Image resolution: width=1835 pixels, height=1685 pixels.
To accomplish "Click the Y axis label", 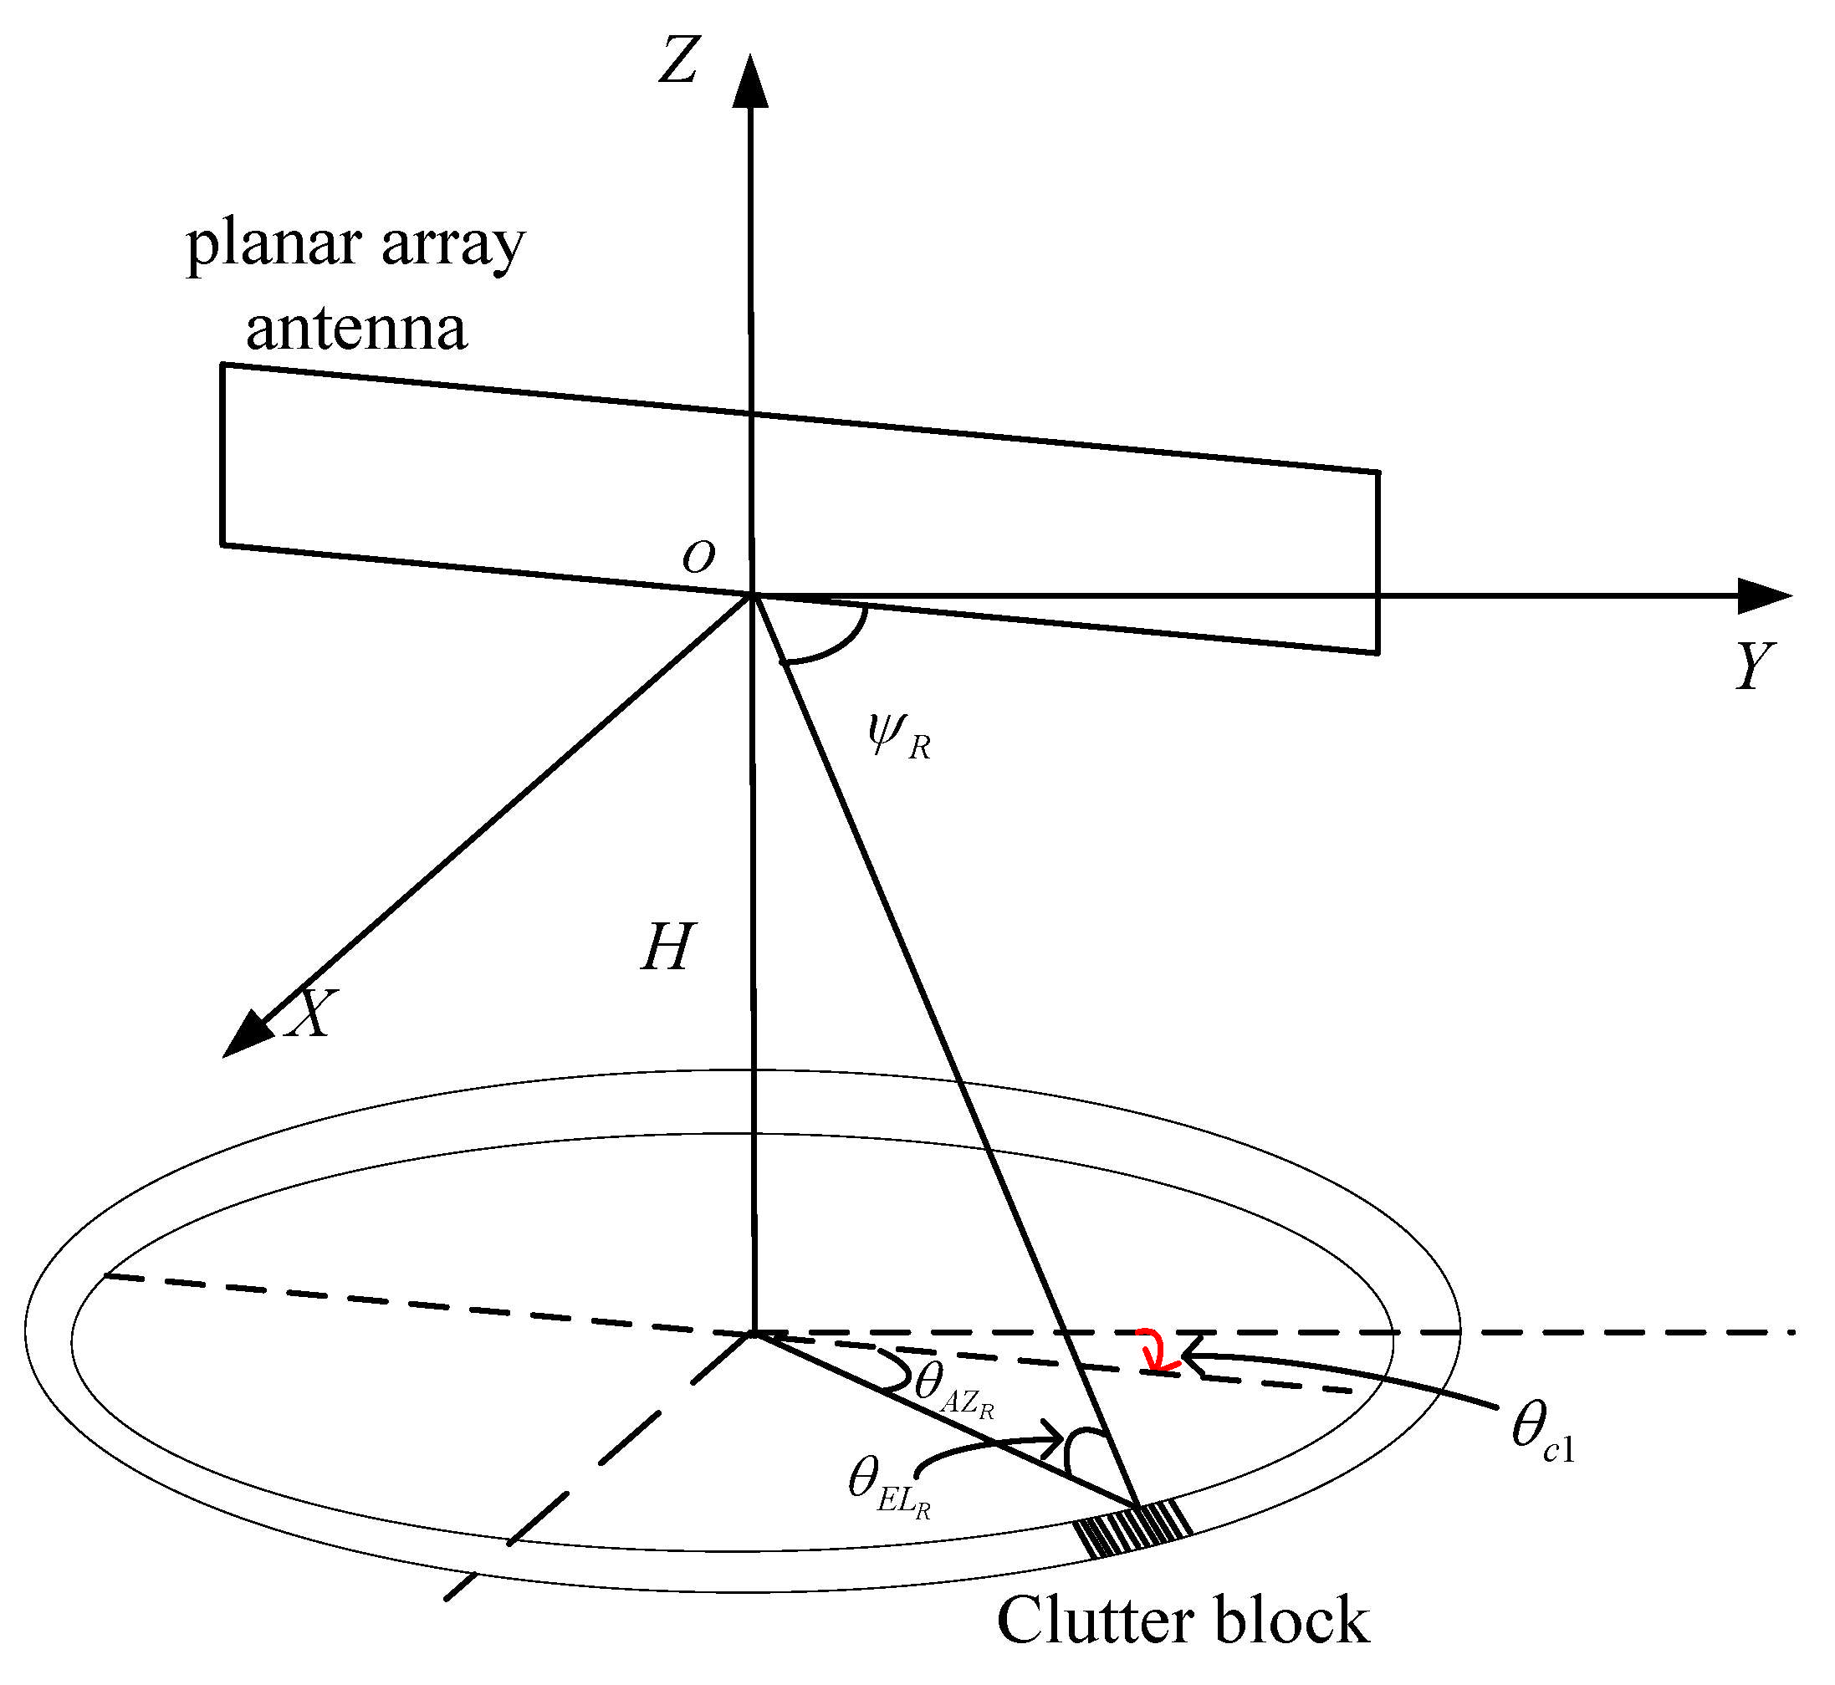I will [1753, 666].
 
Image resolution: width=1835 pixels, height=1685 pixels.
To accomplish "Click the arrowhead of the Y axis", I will [1765, 595].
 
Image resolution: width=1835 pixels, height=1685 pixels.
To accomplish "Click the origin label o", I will [698, 555].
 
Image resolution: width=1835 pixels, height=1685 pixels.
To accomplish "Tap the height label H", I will [667, 947].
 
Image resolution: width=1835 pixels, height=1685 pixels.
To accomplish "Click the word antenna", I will [355, 329].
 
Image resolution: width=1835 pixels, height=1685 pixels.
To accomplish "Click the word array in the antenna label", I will [453, 246].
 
